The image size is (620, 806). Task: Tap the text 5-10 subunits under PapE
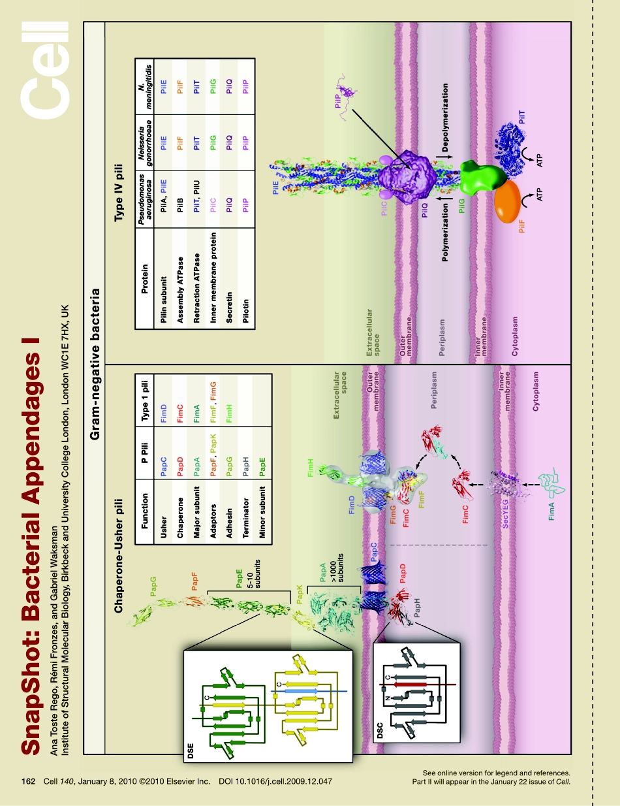pyautogui.click(x=253, y=575)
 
